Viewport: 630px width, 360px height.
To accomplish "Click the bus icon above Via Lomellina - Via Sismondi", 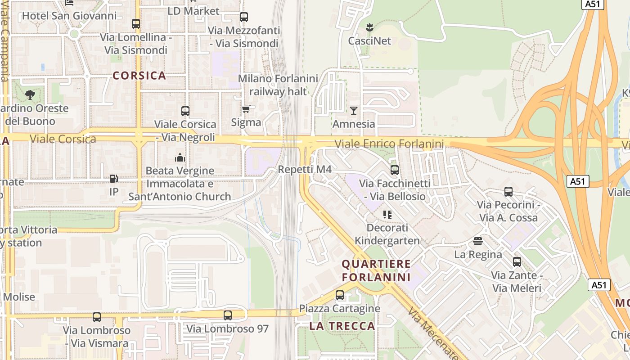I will pyautogui.click(x=135, y=23).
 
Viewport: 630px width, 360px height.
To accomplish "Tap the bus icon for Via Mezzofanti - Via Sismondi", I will pyautogui.click(x=243, y=17).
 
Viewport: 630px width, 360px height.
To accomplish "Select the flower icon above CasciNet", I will pyautogui.click(x=369, y=27).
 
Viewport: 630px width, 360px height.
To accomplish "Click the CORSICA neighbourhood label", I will pyautogui.click(x=139, y=75).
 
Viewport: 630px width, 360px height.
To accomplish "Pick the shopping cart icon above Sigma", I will pyautogui.click(x=246, y=109).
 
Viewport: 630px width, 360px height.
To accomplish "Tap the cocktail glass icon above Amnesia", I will pyautogui.click(x=354, y=110).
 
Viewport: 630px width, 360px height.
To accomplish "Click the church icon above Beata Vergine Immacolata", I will pyautogui.click(x=180, y=157).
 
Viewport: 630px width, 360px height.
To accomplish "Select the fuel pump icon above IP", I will pyautogui.click(x=114, y=179).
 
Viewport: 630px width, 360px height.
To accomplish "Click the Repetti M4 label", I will pyautogui.click(x=305, y=170).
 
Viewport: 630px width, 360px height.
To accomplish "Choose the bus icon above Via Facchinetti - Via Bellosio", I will pyautogui.click(x=395, y=170).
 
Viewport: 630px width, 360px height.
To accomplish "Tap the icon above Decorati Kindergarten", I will pyautogui.click(x=387, y=214).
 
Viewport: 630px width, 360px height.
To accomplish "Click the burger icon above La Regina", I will pyautogui.click(x=477, y=241).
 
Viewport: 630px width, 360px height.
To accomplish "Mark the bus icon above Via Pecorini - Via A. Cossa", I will pyautogui.click(x=508, y=192).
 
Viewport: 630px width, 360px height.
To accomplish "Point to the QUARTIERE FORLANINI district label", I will pyautogui.click(x=376, y=270).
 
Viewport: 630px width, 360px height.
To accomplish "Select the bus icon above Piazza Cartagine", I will pyautogui.click(x=340, y=295).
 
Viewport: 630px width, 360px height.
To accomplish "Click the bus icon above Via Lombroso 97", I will pyautogui.click(x=228, y=315).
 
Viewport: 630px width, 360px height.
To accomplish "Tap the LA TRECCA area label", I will pyautogui.click(x=342, y=326).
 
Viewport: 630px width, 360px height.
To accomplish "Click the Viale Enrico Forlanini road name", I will pyautogui.click(x=389, y=144).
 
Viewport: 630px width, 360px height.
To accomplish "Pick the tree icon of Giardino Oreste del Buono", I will pyautogui.click(x=30, y=94).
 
